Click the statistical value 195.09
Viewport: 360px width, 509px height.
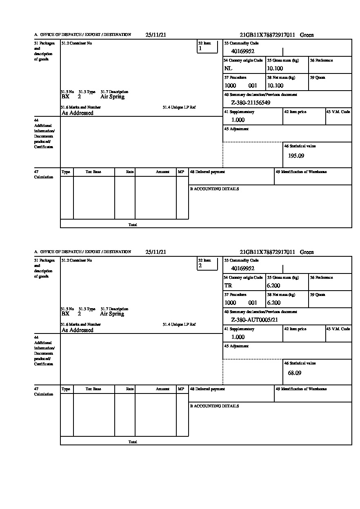[x=296, y=156]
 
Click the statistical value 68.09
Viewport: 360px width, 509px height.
[x=294, y=373]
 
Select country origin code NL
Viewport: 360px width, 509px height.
[x=228, y=69]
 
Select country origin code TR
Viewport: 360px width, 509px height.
[x=228, y=286]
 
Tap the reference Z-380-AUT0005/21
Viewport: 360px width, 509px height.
[x=254, y=320]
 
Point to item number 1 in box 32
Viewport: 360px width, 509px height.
[x=200, y=49]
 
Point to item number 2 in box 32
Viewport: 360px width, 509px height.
[x=200, y=266]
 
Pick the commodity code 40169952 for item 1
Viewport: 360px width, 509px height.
[x=243, y=51]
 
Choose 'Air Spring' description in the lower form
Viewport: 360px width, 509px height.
[x=112, y=314]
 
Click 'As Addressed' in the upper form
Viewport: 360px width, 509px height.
[x=77, y=113]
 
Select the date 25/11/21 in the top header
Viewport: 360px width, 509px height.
[x=156, y=35]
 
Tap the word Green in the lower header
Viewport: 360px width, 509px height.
[x=307, y=252]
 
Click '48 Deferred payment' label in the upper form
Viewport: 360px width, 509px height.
[x=207, y=172]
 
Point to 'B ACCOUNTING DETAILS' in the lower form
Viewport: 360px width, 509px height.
[x=214, y=406]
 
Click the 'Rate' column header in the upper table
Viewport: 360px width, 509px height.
[x=130, y=172]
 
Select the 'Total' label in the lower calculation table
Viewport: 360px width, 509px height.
[x=133, y=442]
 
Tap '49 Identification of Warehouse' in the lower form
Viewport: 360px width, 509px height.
[x=301, y=389]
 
